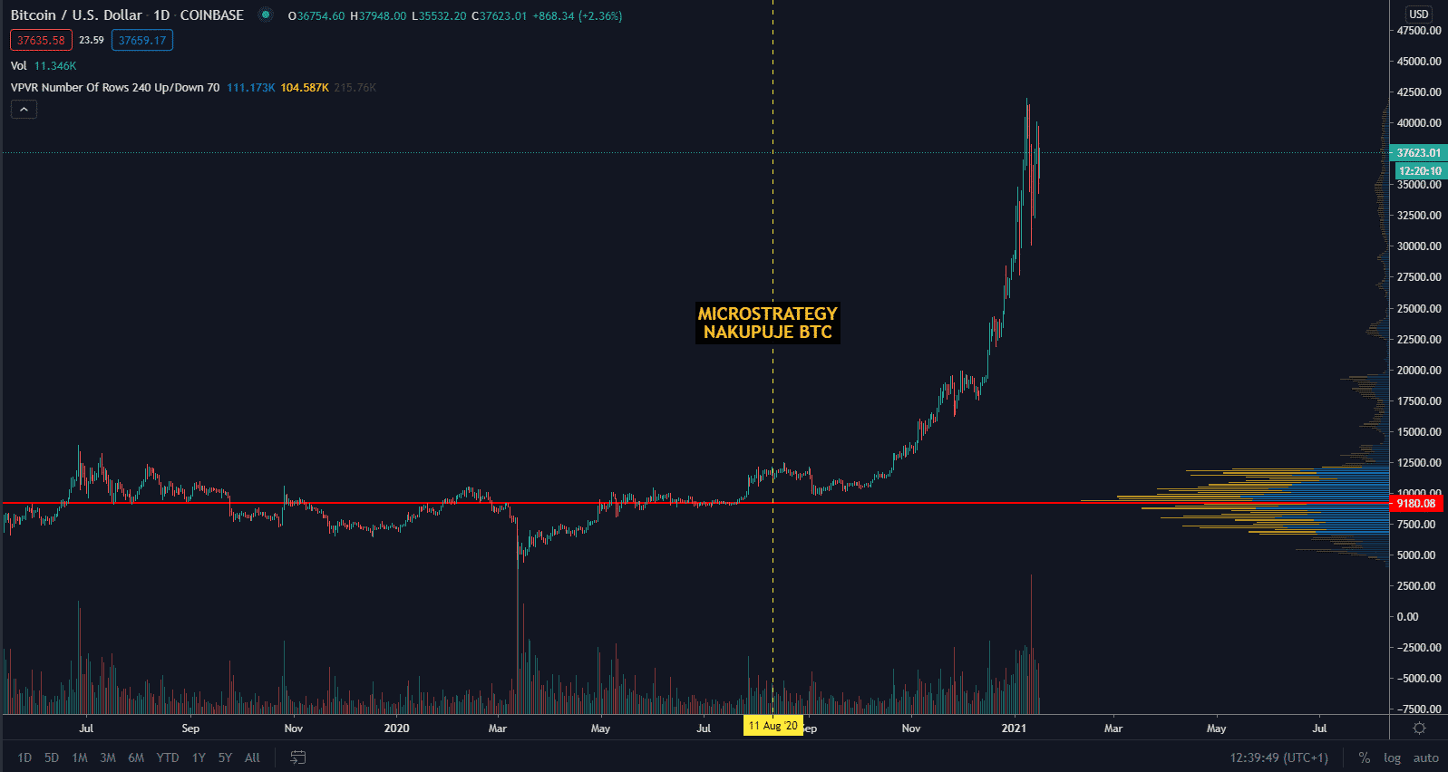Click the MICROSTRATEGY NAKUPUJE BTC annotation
[767, 323]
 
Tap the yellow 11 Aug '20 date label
[773, 726]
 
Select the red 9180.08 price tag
[1415, 503]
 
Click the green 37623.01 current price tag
[1418, 153]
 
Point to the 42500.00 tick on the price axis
[1419, 92]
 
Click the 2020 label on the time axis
[396, 729]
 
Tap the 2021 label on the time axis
[1014, 729]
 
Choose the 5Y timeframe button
[225, 758]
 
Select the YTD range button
[168, 758]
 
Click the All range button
[252, 758]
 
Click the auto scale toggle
[1425, 758]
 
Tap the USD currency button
[1419, 14]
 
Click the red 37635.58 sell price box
[41, 41]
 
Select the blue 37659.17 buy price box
[142, 41]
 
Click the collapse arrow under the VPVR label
[24, 110]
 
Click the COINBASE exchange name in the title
[211, 15]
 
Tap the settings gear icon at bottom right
[1420, 729]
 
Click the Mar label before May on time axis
[1113, 729]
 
